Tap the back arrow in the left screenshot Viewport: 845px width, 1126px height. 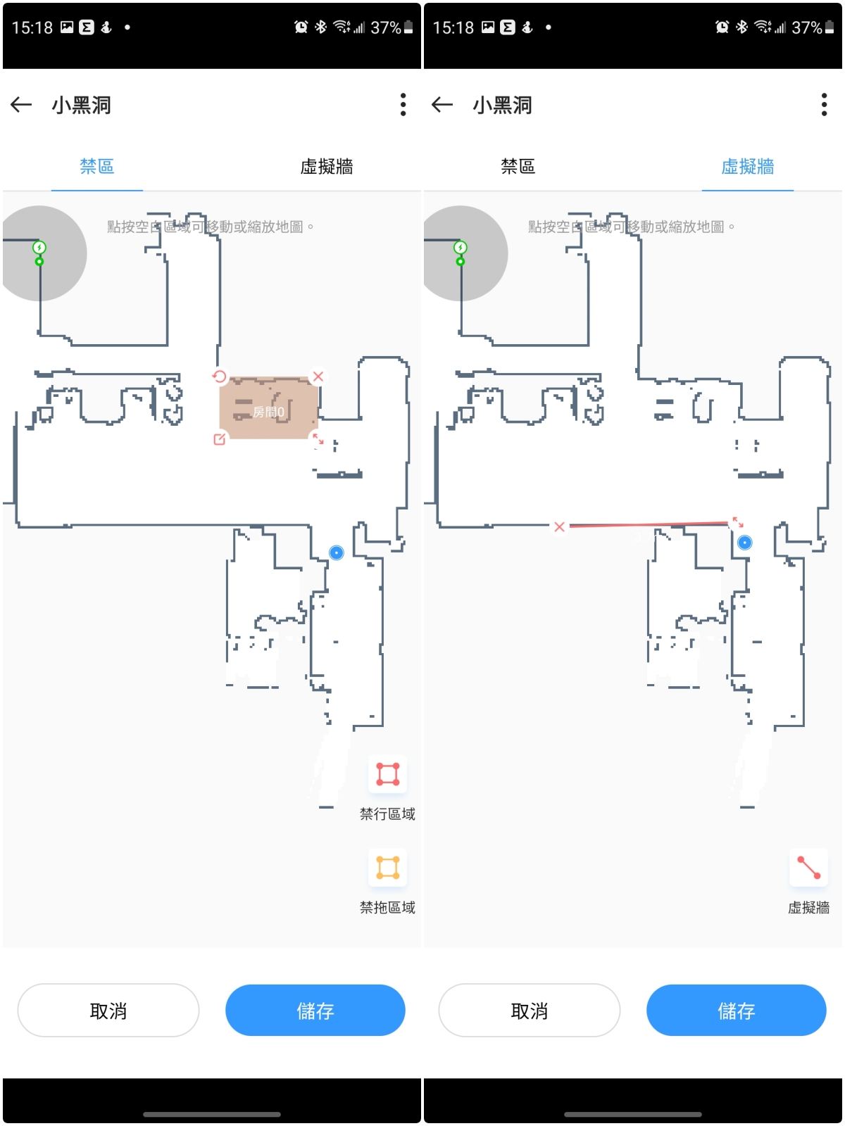pos(21,105)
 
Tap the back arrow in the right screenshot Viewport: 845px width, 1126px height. pos(442,105)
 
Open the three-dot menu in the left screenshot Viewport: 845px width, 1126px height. pos(403,105)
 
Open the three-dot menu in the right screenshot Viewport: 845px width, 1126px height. pos(824,105)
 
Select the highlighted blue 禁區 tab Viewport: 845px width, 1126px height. pos(97,167)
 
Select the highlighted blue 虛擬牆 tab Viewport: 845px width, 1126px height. pos(747,167)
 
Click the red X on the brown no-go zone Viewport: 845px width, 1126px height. pos(318,377)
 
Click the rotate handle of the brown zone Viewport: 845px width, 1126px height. pos(220,377)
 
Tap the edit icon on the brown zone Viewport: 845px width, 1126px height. pos(220,439)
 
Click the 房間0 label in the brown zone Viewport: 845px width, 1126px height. pos(268,412)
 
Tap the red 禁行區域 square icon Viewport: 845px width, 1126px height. pos(388,774)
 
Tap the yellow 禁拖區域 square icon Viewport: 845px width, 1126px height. pos(388,868)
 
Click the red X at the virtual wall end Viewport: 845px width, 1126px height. pos(559,526)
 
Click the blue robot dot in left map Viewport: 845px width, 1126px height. pos(337,552)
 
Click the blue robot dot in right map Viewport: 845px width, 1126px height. pos(745,543)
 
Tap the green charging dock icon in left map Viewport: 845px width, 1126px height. pos(39,248)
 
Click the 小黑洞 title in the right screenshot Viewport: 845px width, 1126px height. pos(502,105)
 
